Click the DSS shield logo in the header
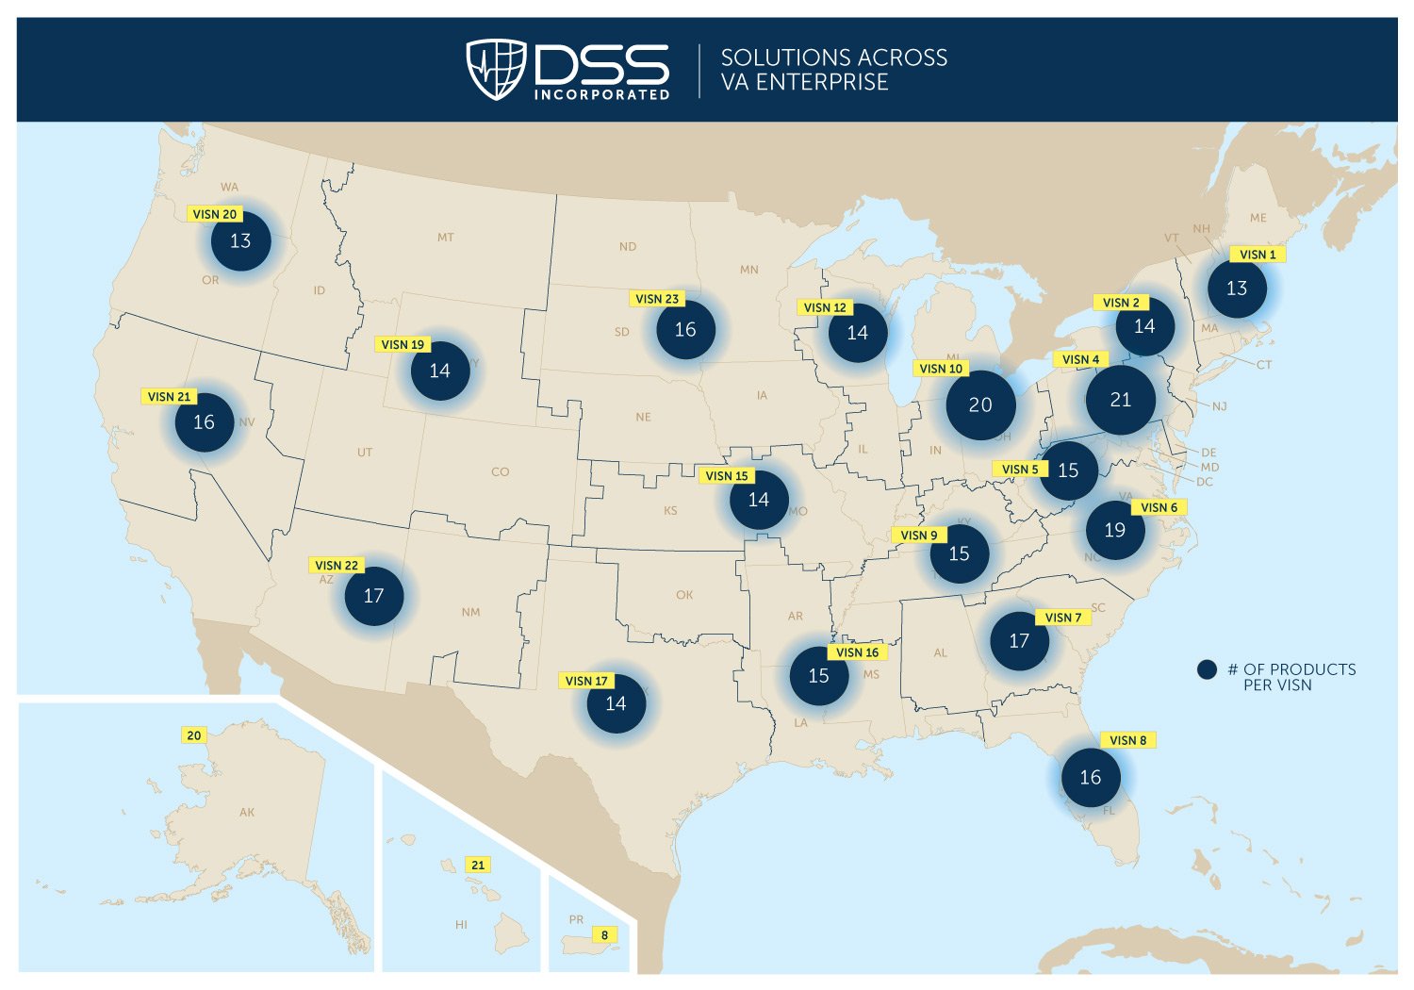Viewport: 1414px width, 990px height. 496,69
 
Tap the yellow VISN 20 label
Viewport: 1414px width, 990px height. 215,214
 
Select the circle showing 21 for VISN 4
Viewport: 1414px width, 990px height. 1120,400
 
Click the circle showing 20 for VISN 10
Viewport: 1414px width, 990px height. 980,404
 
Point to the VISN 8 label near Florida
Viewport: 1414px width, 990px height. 1127,740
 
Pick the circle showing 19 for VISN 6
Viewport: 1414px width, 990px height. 1114,530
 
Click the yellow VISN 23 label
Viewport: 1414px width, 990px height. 657,299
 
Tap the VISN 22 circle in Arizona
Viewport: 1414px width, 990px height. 373,596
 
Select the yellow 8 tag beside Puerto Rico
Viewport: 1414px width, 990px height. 604,935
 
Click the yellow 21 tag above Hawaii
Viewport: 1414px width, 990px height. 478,865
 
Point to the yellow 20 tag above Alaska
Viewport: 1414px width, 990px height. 194,735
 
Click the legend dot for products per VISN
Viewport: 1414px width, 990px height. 1207,669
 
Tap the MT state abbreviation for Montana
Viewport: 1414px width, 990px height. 446,238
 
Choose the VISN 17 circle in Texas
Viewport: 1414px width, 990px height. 616,703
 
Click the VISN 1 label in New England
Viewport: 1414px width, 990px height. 1258,255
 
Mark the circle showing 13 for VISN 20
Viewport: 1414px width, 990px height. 240,240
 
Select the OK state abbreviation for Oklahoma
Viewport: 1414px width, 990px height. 684,595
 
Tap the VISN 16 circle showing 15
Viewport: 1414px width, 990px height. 818,676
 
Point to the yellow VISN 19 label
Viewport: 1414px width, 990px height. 403,344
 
